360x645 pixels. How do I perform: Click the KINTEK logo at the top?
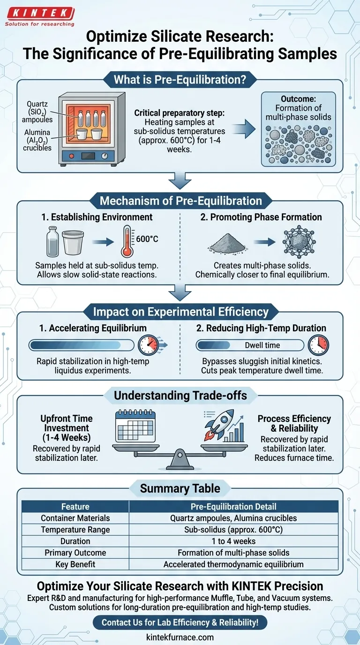pyautogui.click(x=39, y=13)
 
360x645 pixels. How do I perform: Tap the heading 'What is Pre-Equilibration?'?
pyautogui.click(x=180, y=80)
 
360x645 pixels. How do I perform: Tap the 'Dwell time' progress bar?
pyautogui.click(x=249, y=345)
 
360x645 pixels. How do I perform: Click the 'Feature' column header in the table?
pyautogui.click(x=75, y=506)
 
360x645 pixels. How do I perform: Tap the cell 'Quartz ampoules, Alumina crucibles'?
pyautogui.click(x=233, y=518)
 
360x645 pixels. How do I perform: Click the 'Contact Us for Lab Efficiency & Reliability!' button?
pyautogui.click(x=180, y=622)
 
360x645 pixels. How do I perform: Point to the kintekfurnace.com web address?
pyautogui.click(x=180, y=637)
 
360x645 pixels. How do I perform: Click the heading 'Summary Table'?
pyautogui.click(x=180, y=489)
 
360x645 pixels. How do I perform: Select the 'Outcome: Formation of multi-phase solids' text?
pyautogui.click(x=298, y=108)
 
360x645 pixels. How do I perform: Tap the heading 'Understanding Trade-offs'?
pyautogui.click(x=180, y=395)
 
